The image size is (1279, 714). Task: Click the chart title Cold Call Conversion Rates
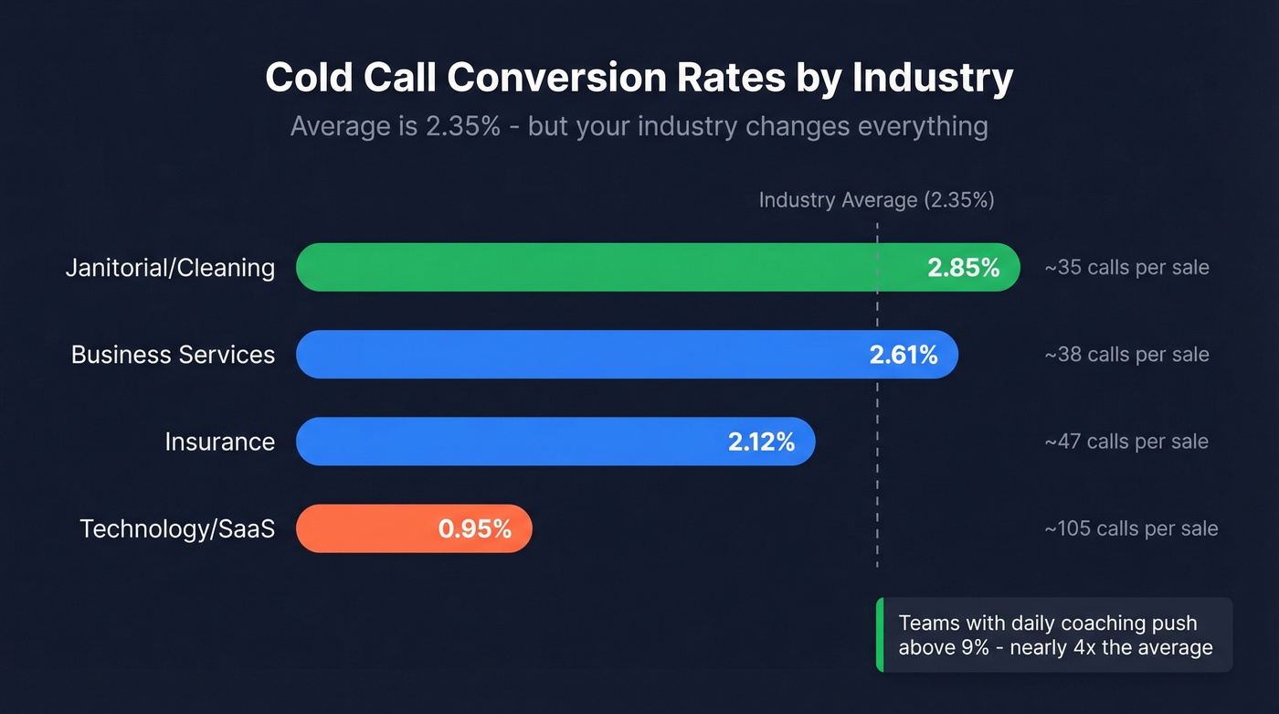click(x=639, y=79)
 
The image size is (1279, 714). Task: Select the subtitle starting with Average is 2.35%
click(x=639, y=125)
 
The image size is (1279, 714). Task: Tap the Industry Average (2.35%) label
click(x=876, y=200)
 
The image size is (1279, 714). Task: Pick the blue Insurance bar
click(x=512, y=442)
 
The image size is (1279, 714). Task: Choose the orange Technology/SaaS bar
click(x=365, y=529)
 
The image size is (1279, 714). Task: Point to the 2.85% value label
click(x=963, y=268)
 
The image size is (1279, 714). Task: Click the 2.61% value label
click(x=903, y=355)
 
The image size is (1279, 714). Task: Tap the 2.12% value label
click(x=761, y=442)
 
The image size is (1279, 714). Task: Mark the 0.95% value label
click(x=474, y=529)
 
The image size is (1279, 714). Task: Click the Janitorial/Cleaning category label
click(x=170, y=268)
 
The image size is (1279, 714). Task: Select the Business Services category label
click(x=173, y=355)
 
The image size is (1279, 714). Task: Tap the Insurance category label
click(x=219, y=442)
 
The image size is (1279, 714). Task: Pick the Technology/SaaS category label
click(x=177, y=529)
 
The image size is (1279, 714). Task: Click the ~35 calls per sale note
click(x=1126, y=268)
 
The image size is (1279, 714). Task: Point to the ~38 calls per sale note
click(x=1126, y=355)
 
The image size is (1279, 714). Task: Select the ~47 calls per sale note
click(x=1126, y=442)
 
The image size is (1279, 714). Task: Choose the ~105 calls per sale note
click(x=1131, y=529)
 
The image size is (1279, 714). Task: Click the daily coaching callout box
click(x=1054, y=635)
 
